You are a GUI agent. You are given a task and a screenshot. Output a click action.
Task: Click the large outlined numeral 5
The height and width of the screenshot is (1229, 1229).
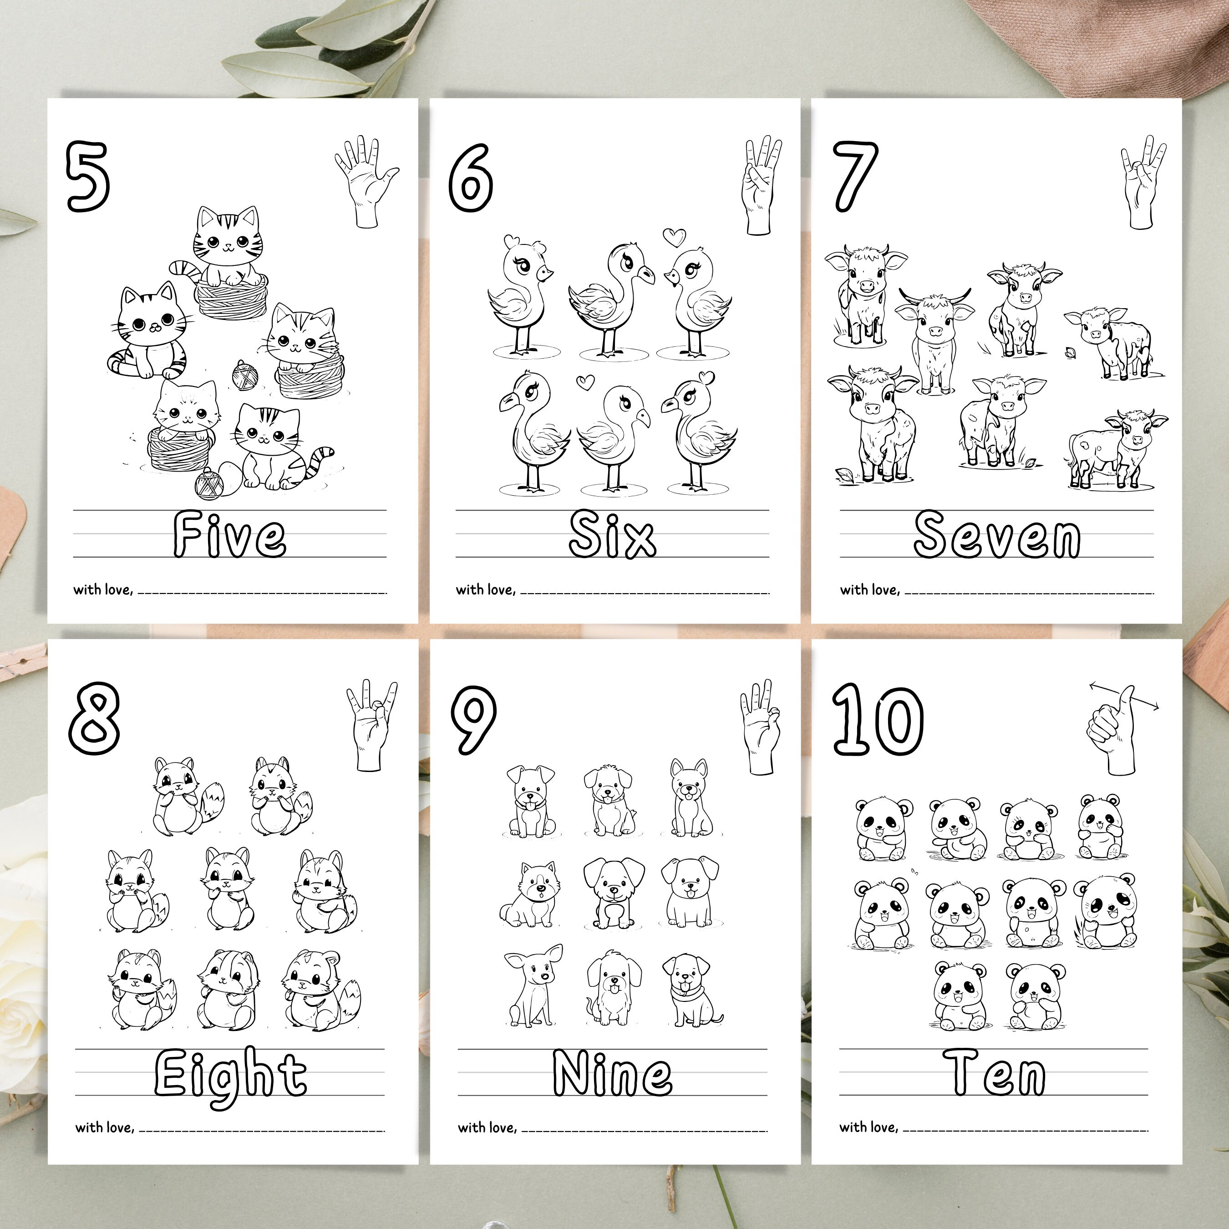pyautogui.click(x=88, y=177)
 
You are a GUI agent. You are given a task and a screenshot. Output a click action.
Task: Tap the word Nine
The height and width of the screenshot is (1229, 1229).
pyautogui.click(x=612, y=1074)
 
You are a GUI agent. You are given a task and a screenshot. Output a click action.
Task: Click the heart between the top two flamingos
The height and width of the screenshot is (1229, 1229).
pyautogui.click(x=674, y=237)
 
